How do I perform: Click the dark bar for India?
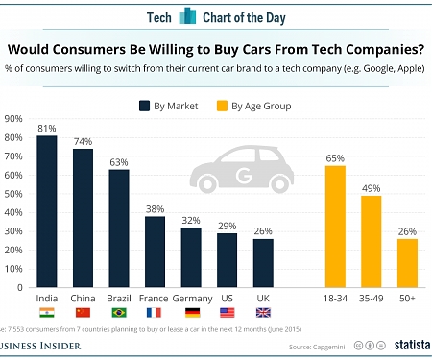[47, 211]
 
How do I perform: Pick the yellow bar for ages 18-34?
[335, 227]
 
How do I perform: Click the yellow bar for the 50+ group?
[406, 263]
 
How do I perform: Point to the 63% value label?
[118, 161]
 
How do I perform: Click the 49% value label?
[371, 187]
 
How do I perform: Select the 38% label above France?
[155, 207]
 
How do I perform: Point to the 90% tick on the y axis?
[14, 119]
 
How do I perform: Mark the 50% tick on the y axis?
[14, 194]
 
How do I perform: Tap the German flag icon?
[190, 313]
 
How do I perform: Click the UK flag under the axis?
[262, 313]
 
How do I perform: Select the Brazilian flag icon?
[118, 313]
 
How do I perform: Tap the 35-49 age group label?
[371, 300]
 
